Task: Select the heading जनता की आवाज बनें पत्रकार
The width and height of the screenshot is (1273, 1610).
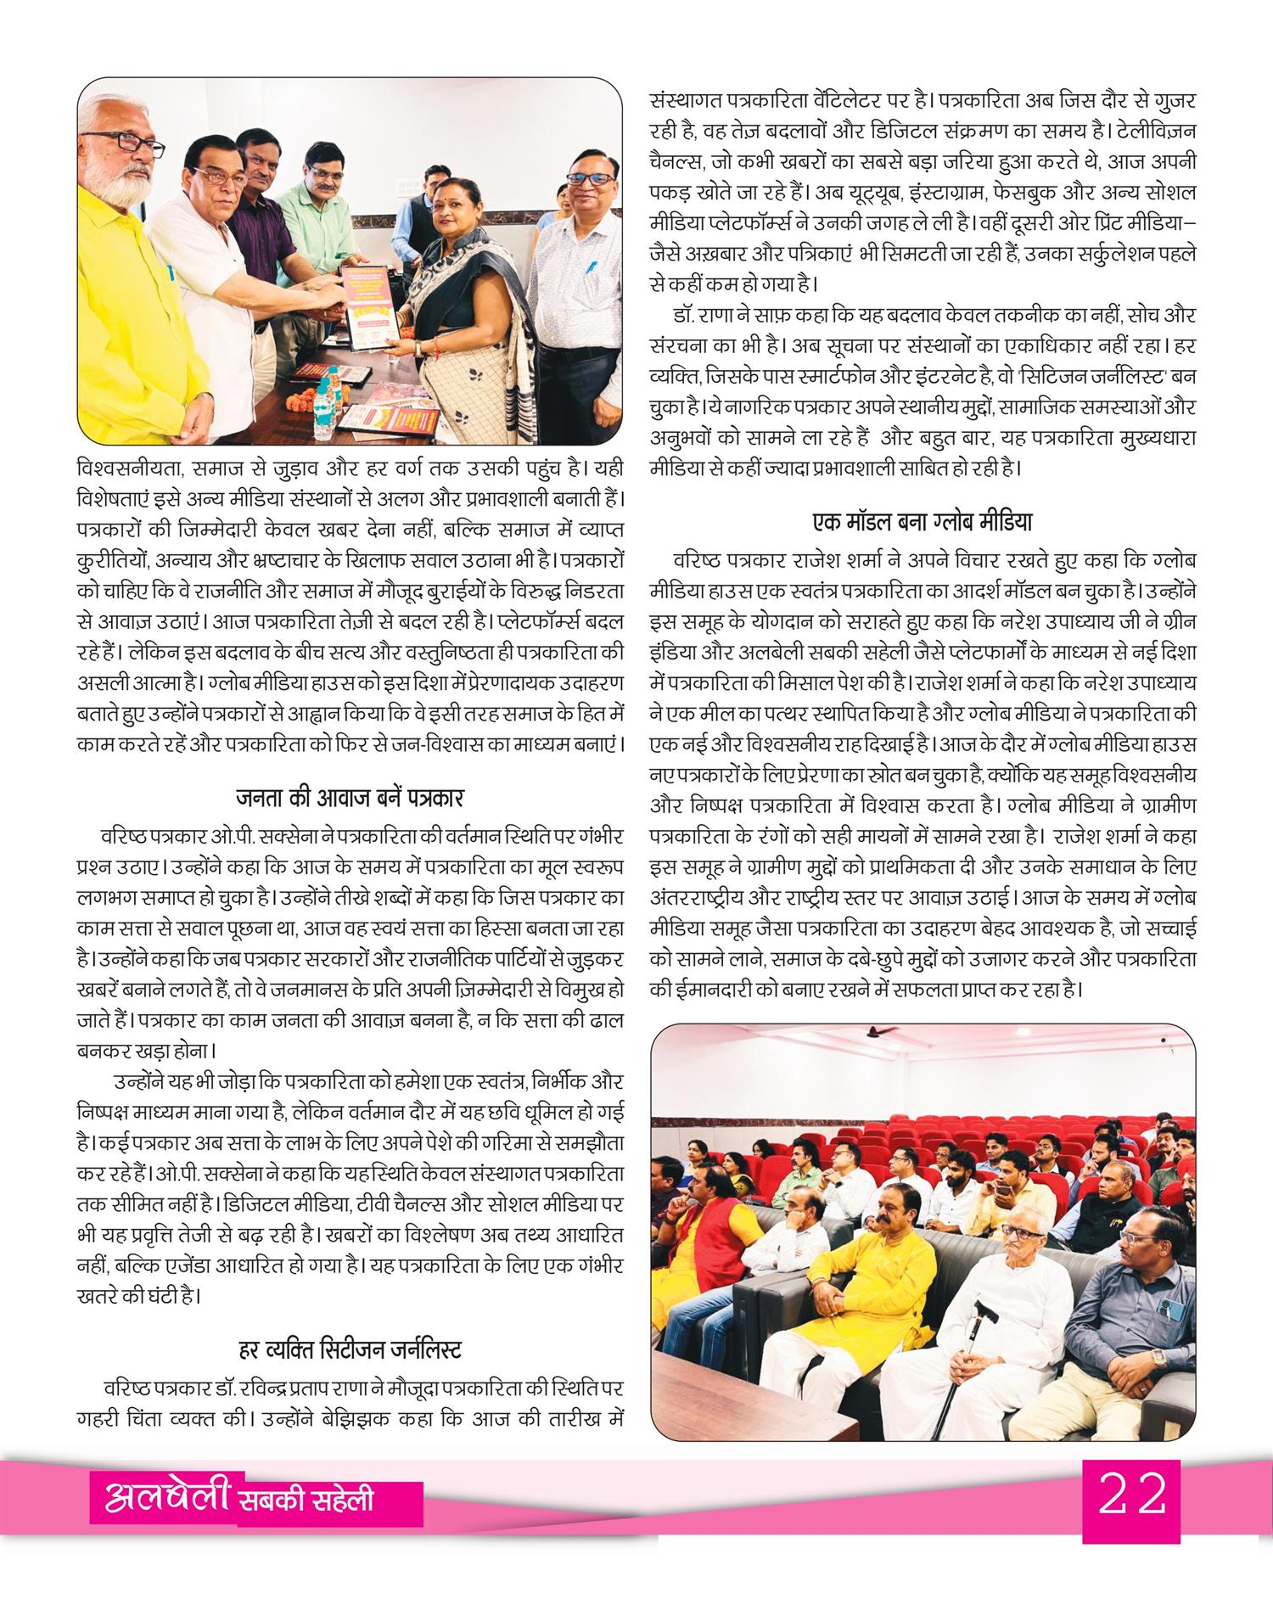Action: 350,798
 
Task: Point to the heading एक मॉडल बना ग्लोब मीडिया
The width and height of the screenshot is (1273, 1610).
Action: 922,520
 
